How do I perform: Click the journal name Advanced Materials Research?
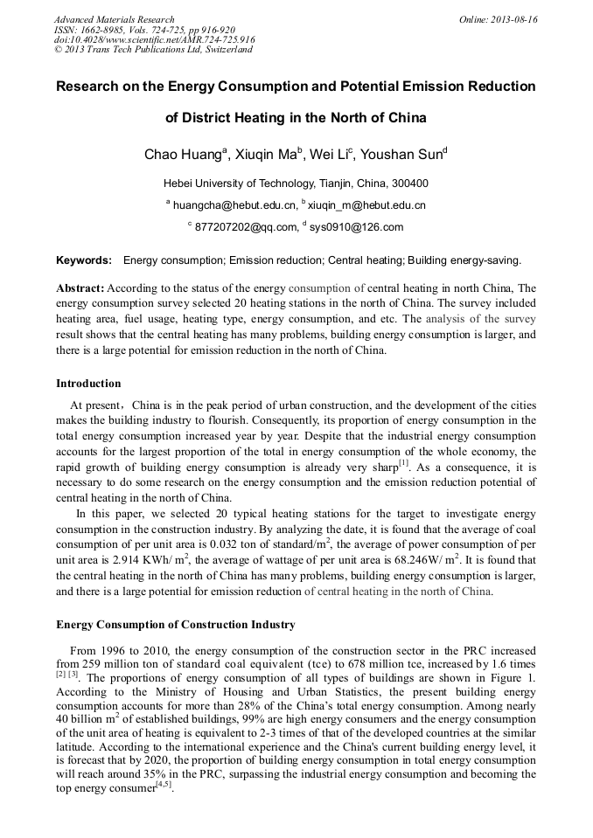[114, 19]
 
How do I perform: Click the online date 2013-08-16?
[513, 19]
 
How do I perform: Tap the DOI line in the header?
[155, 39]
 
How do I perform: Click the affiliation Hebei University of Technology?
[247, 184]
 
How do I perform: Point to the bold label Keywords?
[84, 260]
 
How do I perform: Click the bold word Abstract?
[80, 287]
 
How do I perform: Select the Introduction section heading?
[88, 384]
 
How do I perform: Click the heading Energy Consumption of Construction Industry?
[176, 625]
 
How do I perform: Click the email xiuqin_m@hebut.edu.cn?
[367, 205]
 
